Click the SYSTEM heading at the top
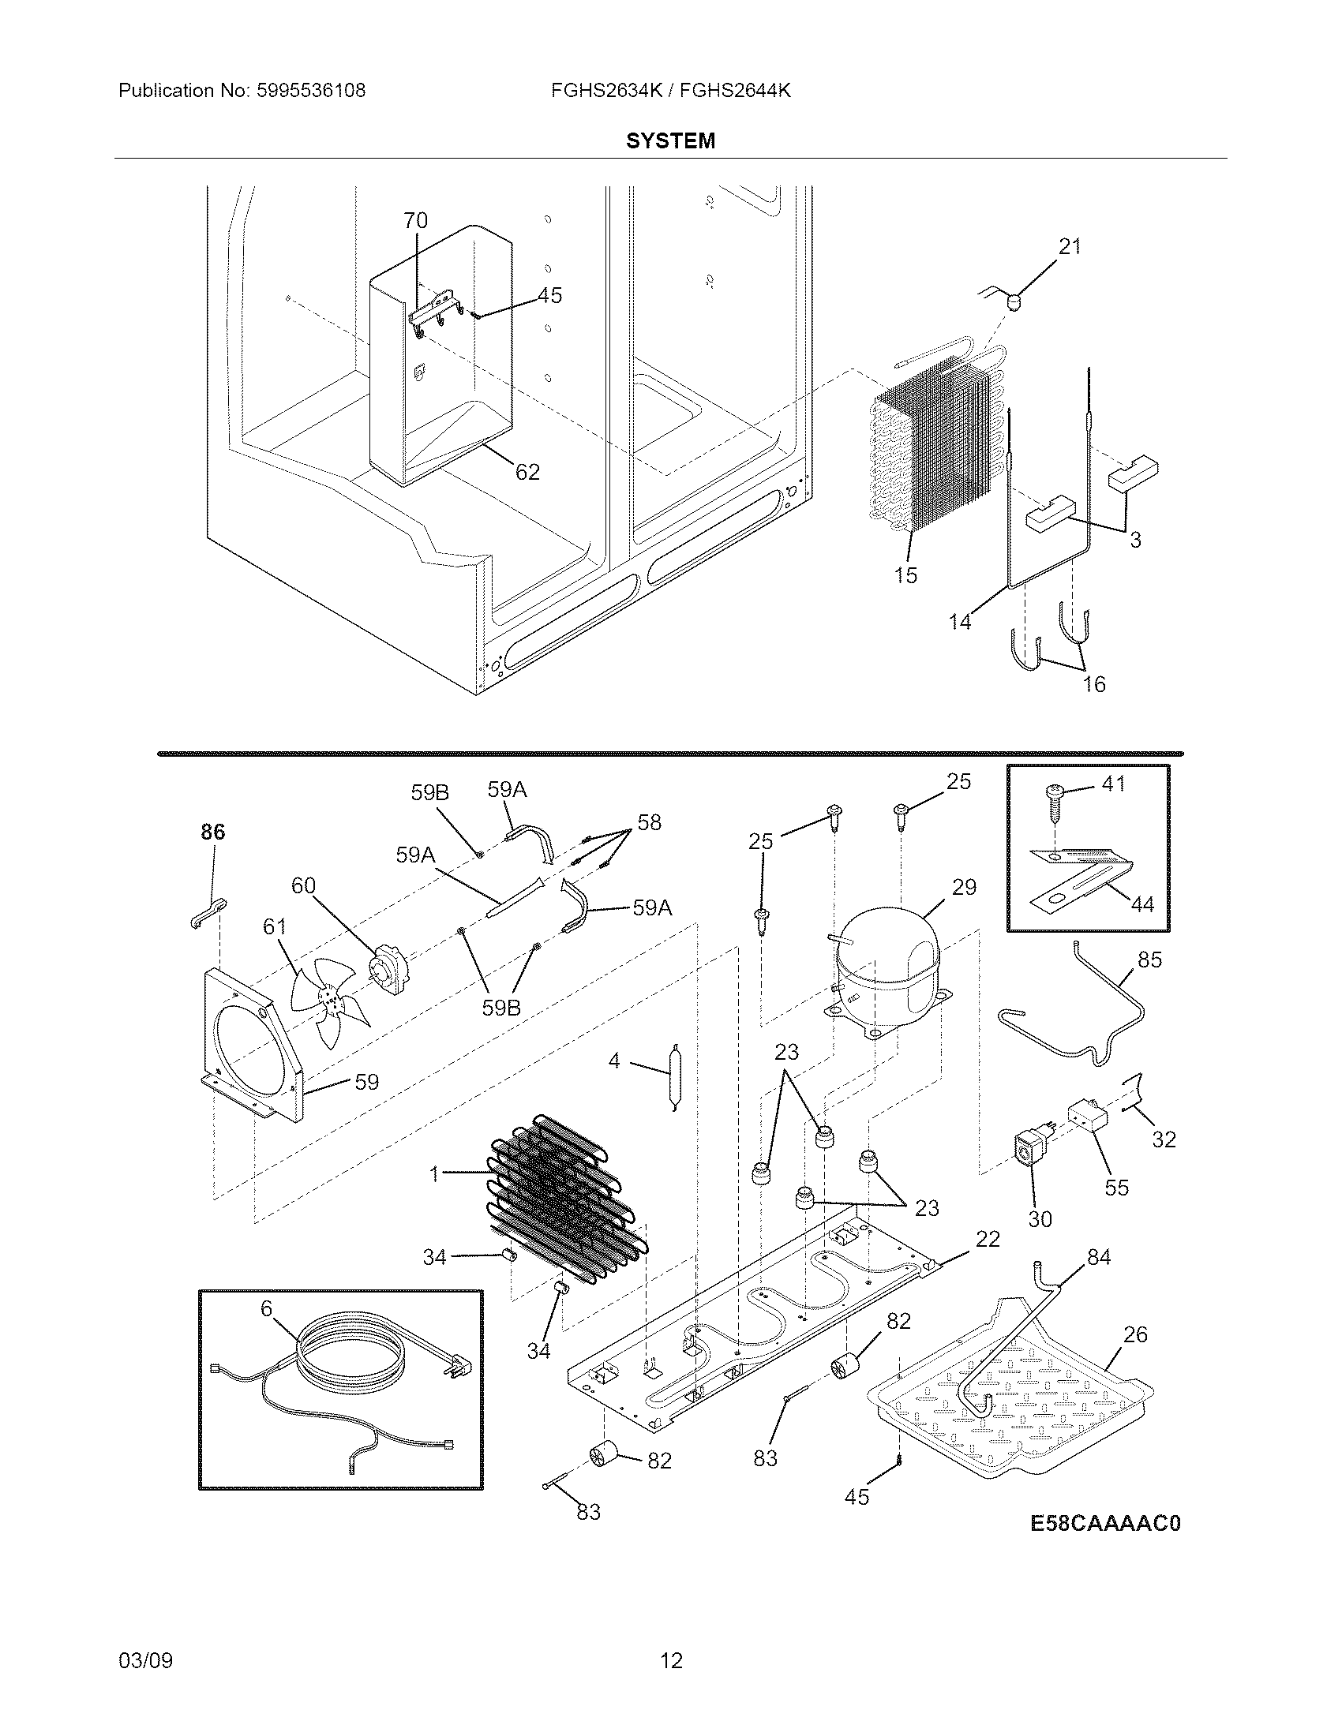670,140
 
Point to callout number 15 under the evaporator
905,574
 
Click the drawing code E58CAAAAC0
1105,1522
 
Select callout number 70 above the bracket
415,220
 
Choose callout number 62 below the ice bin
527,472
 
